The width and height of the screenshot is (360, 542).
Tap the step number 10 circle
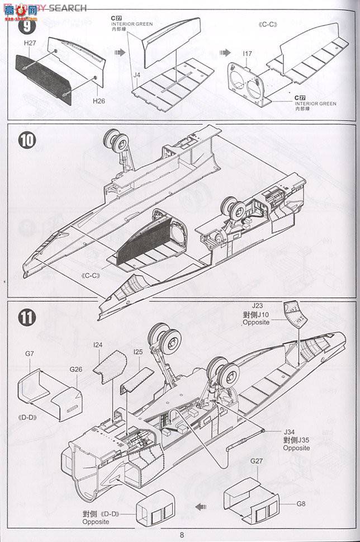(x=27, y=140)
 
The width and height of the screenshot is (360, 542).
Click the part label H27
(x=30, y=42)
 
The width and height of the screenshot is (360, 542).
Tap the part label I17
(x=248, y=54)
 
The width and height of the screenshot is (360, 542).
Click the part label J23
(x=257, y=306)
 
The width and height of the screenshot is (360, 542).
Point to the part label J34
(x=290, y=432)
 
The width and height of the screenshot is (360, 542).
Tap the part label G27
(x=257, y=461)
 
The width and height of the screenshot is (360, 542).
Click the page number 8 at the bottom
(x=182, y=534)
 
